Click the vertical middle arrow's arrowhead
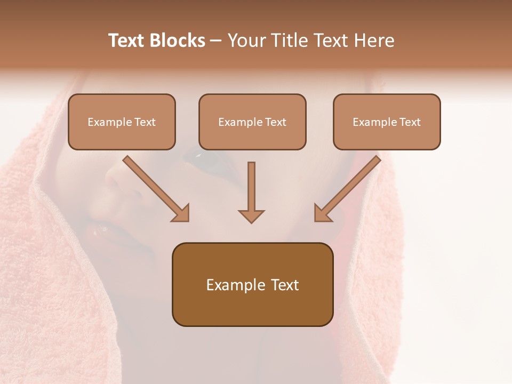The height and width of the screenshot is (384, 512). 251,216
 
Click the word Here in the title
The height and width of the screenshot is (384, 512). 373,41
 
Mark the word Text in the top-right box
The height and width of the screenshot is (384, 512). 410,122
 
